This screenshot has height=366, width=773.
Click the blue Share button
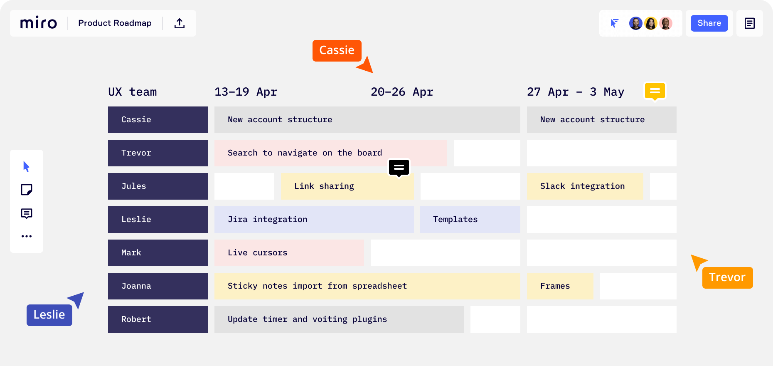coord(709,23)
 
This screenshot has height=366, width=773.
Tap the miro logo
coord(39,23)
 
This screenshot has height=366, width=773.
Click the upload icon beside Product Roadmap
coord(180,23)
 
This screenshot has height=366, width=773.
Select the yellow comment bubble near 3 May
coord(655,91)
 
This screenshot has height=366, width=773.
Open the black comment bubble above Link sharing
coord(399,168)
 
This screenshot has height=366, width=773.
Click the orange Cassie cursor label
coord(337,50)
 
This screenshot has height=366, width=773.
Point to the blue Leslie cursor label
coord(49,315)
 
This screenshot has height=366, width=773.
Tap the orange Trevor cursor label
coord(727,277)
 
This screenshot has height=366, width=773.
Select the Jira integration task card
coord(314,220)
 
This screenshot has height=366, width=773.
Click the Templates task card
coord(470,220)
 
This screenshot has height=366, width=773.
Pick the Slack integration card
coord(585,186)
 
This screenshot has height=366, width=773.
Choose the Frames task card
coord(560,286)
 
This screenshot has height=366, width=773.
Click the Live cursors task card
coord(289,253)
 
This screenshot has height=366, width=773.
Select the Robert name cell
coord(158,319)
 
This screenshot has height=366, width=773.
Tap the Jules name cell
coord(158,186)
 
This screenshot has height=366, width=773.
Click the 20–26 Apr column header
coord(402,92)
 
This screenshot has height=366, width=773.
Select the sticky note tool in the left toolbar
coord(27,190)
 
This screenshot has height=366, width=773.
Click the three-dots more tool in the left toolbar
coord(27,236)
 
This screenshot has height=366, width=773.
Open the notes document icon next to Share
coord(750,23)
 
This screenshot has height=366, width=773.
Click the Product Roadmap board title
coord(115,23)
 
